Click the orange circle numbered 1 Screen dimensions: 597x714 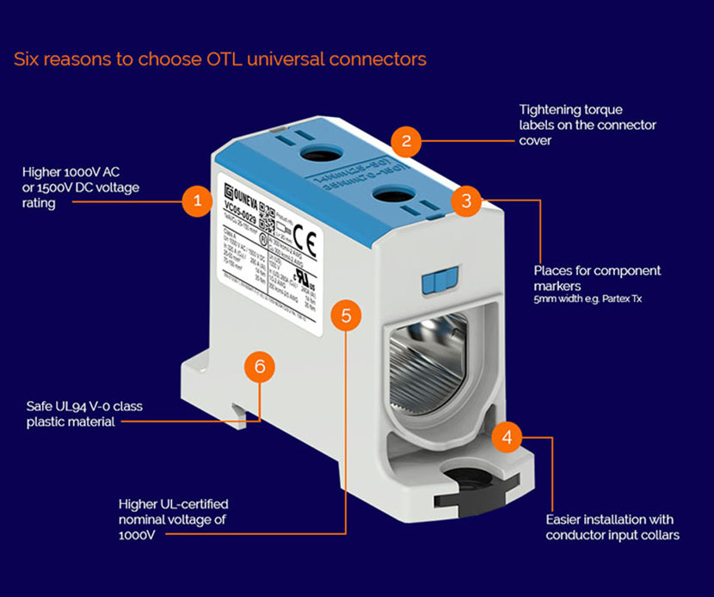click(197, 203)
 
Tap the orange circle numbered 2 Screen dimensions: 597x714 click(407, 141)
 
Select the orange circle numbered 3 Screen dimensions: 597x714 click(465, 201)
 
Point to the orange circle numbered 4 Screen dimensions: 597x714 click(507, 437)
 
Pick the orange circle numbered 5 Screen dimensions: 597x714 click(346, 316)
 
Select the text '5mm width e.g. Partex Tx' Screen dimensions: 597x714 click(587, 299)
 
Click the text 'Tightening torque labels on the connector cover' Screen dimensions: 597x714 click(588, 125)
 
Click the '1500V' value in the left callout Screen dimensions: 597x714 click(68, 188)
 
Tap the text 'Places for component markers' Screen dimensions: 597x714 click(597, 277)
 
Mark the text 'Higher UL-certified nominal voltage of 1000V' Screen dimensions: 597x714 click(173, 519)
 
